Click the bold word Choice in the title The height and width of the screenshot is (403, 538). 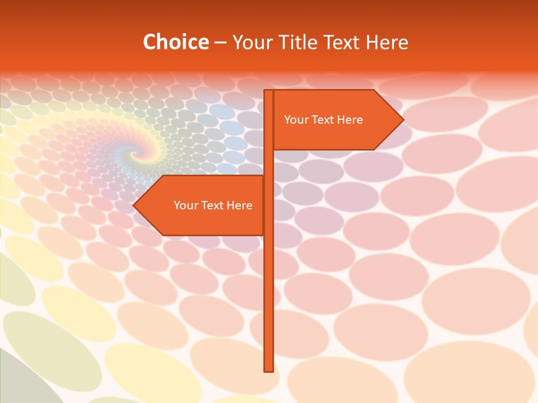(x=175, y=42)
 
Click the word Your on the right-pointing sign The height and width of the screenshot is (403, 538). (x=296, y=120)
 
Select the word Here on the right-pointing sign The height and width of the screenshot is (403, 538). (x=350, y=120)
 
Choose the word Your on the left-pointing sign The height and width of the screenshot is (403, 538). (x=185, y=205)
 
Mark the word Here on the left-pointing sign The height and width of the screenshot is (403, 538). (x=239, y=205)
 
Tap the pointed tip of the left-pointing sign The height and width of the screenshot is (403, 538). (x=134, y=205)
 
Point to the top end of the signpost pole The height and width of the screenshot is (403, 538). (x=268, y=91)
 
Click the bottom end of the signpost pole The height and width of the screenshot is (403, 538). (x=268, y=370)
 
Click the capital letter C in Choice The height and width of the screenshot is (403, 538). (x=149, y=42)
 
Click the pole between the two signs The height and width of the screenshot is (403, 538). (x=268, y=162)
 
